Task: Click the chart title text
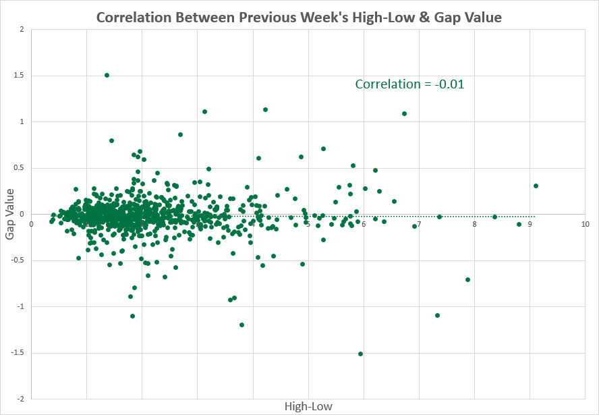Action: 299,18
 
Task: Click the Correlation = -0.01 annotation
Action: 409,84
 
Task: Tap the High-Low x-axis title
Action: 309,406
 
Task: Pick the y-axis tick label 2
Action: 22,29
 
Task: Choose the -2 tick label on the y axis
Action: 20,399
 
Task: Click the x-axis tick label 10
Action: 584,224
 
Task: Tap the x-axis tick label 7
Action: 418,224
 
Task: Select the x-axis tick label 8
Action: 474,224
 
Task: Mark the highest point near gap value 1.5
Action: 107,75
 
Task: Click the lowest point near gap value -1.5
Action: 360,354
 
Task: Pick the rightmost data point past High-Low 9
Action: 536,186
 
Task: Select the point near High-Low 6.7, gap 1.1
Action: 404,113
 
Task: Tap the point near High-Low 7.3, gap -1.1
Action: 437,315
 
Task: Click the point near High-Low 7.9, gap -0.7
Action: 467,279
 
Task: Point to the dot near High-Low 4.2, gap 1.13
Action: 265,109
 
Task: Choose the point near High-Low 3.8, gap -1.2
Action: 241,325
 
